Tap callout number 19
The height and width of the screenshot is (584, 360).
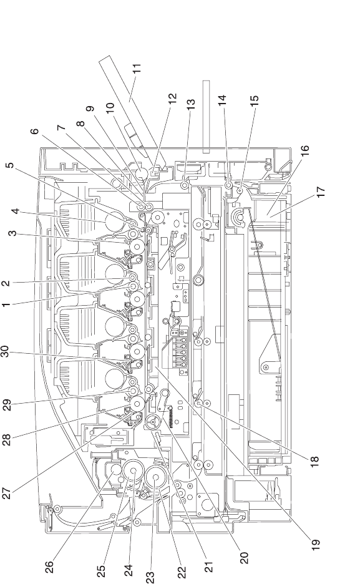[315, 545]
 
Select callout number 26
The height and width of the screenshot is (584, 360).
[49, 567]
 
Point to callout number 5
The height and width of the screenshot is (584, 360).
[11, 165]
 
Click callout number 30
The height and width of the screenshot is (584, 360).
[6, 352]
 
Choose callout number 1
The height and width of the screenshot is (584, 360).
[6, 304]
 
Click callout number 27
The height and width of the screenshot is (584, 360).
[7, 492]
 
